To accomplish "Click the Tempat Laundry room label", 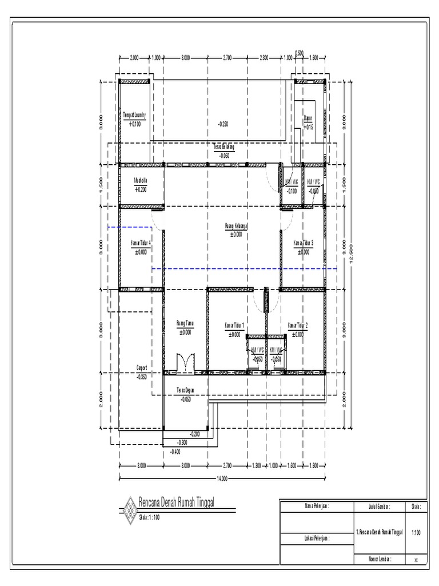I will (134, 115).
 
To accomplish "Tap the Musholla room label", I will (141, 180).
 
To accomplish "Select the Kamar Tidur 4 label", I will (141, 242).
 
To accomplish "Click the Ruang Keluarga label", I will (236, 226).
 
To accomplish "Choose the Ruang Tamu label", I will (185, 324).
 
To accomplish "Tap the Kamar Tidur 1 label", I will (234, 326).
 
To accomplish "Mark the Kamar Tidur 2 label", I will (298, 326).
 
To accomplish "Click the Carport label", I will (142, 368).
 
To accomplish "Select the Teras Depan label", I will (186, 390).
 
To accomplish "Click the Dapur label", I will (308, 118).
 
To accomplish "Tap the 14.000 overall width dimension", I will (222, 478).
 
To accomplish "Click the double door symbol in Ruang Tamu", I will (185, 362).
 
